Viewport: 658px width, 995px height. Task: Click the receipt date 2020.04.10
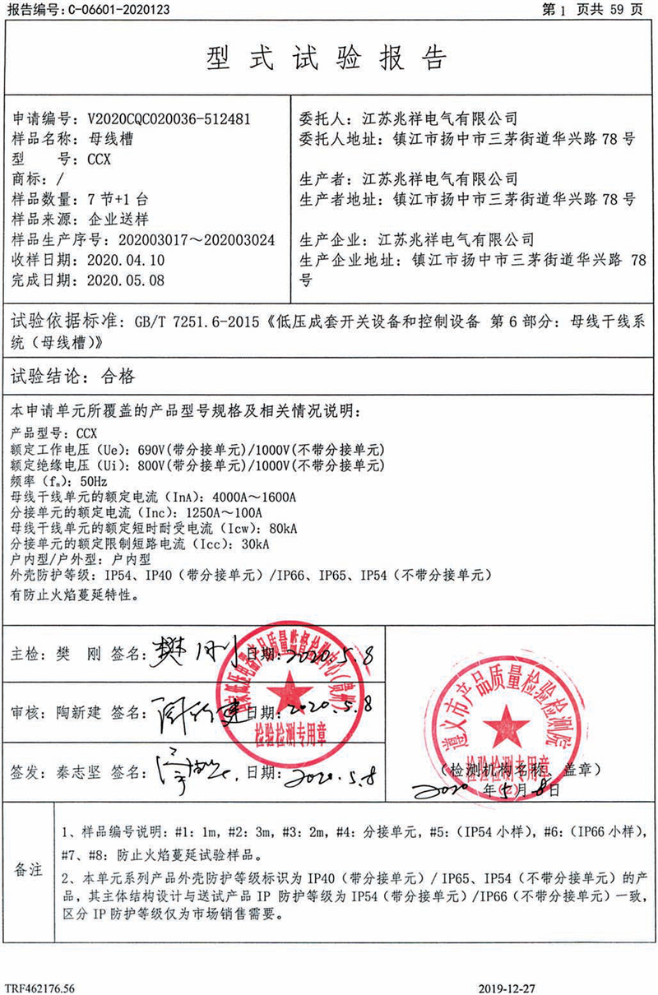[126, 260]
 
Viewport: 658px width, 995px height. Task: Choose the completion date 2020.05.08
[126, 280]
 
